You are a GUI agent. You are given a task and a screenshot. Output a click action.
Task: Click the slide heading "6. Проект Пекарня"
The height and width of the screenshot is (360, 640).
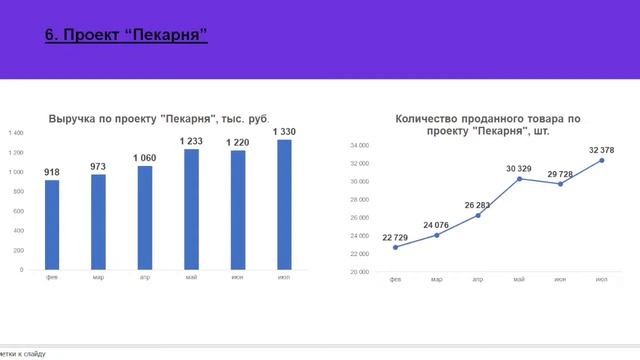pos(126,37)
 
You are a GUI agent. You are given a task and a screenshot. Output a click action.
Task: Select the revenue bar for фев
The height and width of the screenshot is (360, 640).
pos(52,224)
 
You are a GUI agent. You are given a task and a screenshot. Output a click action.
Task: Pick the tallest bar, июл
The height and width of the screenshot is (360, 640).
pos(284,204)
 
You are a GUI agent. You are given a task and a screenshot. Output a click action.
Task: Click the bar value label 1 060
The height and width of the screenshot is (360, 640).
pos(145,158)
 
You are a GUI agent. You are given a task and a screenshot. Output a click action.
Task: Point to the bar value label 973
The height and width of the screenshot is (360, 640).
pos(98,166)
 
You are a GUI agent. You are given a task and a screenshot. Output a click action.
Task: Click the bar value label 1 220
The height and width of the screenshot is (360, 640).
pos(238,142)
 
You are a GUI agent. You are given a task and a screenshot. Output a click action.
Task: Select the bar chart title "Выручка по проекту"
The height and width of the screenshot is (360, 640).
pos(158,118)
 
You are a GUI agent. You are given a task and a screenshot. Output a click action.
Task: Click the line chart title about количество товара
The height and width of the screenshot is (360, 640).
pos(487,124)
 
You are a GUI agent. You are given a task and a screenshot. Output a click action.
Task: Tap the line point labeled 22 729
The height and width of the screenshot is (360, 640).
pos(395,247)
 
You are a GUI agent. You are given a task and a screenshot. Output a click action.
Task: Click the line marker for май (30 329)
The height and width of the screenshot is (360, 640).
pos(519,178)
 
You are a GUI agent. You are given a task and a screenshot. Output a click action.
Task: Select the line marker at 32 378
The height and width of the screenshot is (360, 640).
pos(602,160)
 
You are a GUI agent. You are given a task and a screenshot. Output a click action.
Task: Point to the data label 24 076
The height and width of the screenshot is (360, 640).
pos(437,225)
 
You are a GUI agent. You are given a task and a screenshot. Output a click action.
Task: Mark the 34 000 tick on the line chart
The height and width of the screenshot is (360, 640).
pos(359,145)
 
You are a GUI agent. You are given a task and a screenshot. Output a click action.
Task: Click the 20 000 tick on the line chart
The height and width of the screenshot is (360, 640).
pos(359,272)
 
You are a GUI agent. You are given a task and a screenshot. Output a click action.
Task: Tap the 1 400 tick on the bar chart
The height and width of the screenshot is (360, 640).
pos(16,133)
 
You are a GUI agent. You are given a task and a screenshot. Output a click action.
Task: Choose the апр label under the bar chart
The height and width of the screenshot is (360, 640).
pos(145,277)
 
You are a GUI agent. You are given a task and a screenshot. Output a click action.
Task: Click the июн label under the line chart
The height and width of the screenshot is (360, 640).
pos(560,279)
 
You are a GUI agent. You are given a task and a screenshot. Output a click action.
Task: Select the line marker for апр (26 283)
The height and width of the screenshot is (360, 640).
pos(478,215)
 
